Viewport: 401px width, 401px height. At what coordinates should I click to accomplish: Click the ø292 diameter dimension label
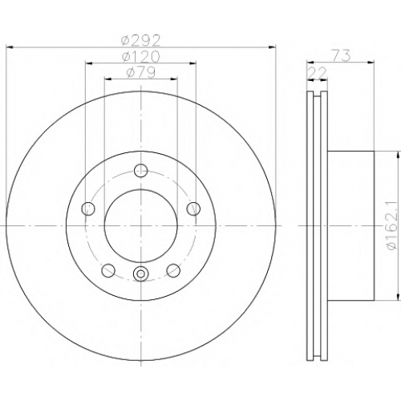tap(140, 41)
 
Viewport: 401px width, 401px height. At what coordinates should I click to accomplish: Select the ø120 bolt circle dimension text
tap(140, 56)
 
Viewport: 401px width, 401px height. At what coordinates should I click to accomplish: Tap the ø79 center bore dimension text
tap(140, 72)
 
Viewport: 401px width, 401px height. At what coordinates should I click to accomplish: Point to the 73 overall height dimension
tap(341, 56)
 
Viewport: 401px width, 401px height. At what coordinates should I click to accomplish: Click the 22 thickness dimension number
tap(318, 72)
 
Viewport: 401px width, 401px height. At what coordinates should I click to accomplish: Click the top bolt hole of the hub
tap(140, 171)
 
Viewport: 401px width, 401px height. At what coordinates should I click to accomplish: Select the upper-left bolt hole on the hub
tap(88, 209)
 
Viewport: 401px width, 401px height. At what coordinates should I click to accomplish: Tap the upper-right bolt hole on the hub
tap(193, 209)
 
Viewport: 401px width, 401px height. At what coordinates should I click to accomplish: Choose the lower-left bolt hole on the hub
tap(108, 270)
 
